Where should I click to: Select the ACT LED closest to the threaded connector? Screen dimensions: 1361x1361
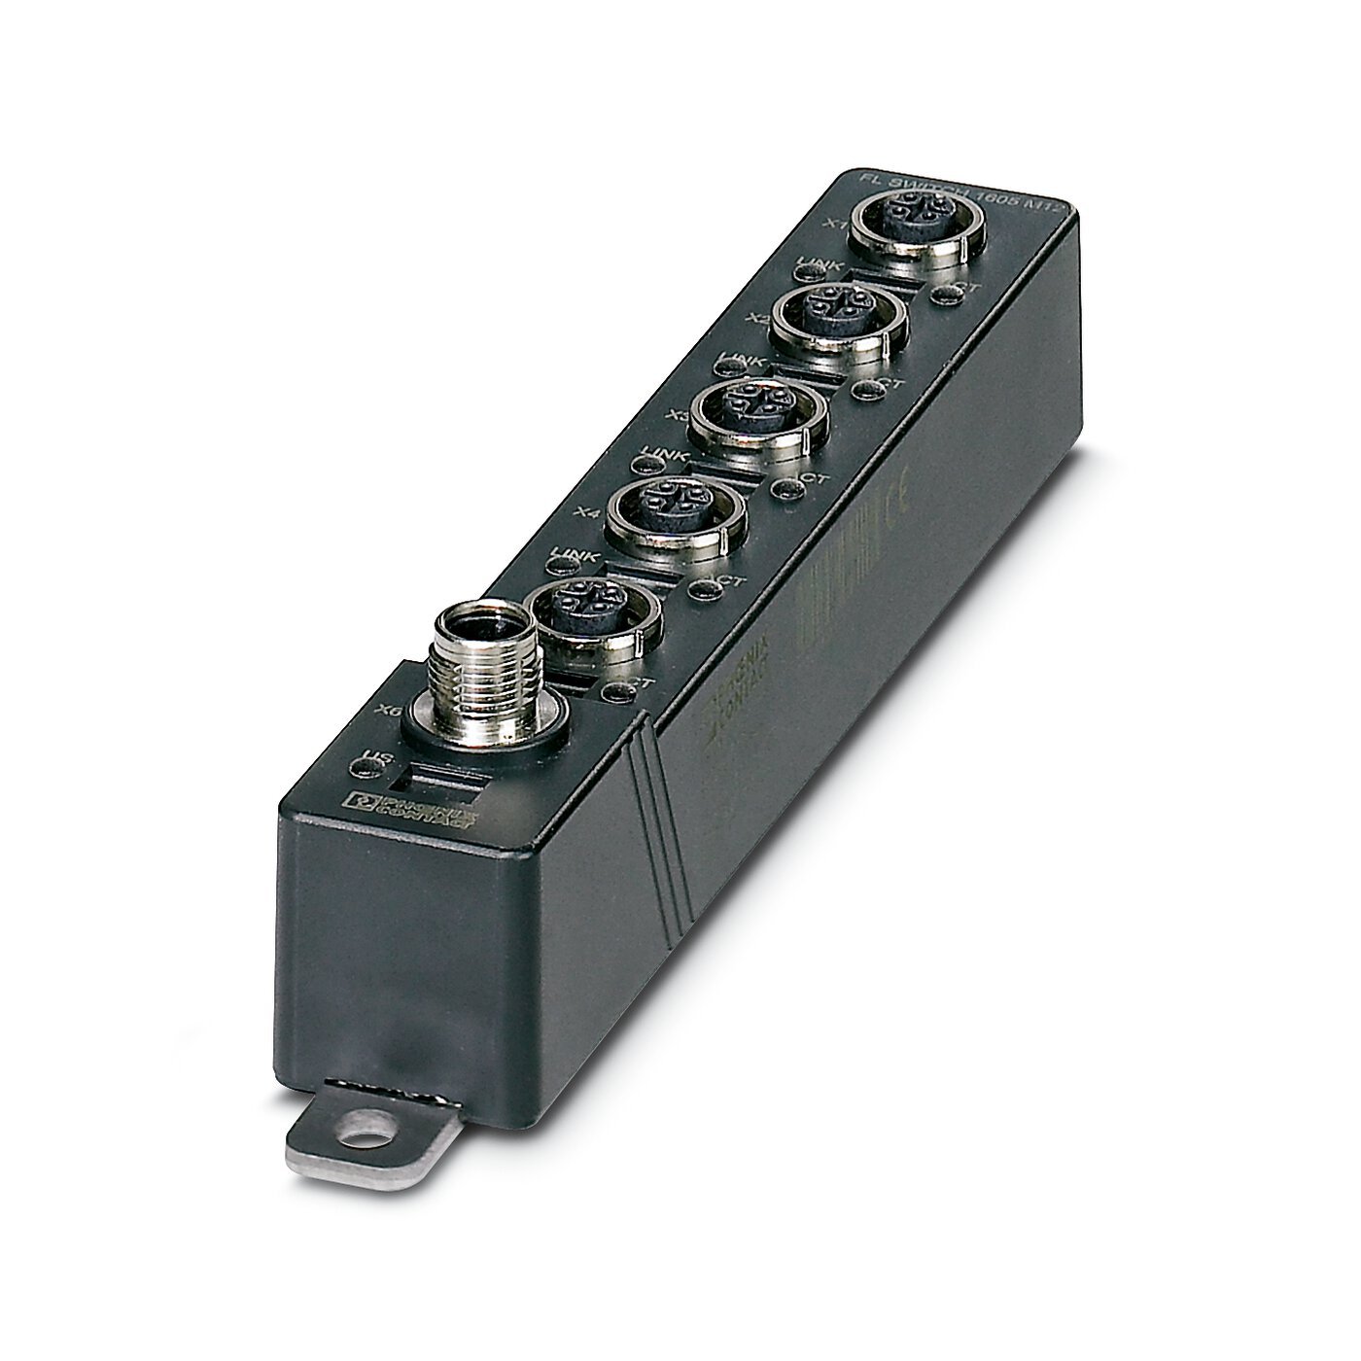coord(613,692)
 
